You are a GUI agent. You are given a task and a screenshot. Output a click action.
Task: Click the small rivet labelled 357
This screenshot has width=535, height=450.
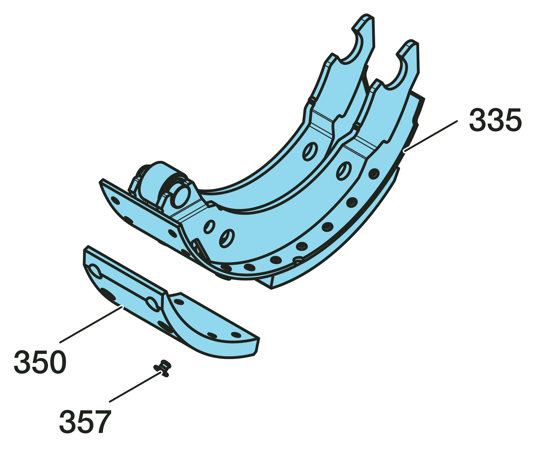point(162,368)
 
